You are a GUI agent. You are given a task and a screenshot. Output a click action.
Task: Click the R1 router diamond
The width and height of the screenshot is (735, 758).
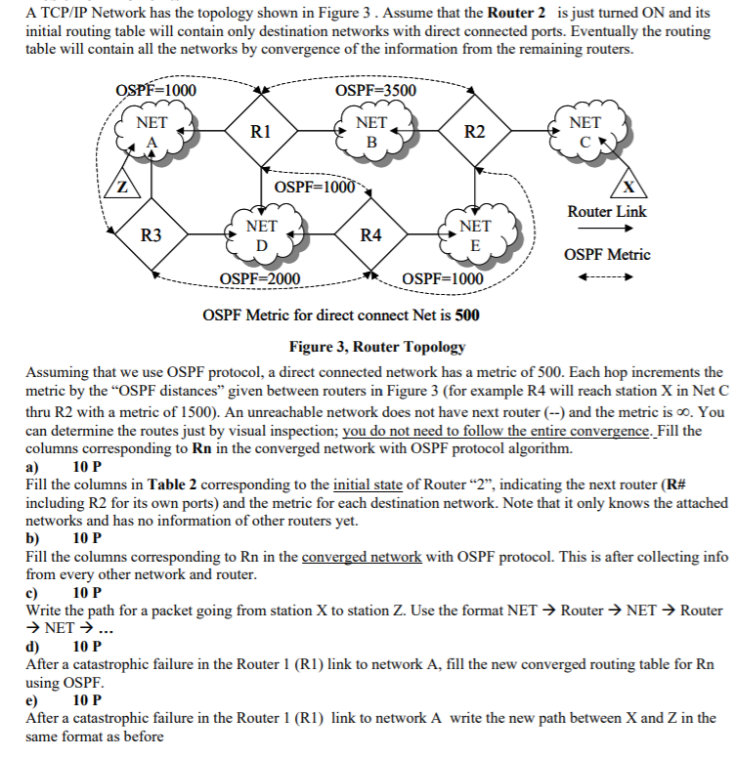[260, 131]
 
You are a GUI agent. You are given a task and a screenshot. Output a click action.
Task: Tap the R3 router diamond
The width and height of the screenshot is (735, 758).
[151, 234]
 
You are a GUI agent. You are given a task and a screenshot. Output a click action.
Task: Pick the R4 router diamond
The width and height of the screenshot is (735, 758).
[370, 234]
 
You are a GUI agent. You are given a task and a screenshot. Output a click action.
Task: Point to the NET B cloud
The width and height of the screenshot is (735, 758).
[370, 133]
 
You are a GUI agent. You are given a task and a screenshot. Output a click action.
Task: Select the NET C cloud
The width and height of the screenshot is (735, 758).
[584, 133]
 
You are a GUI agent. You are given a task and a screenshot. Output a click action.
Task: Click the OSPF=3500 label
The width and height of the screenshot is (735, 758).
[375, 91]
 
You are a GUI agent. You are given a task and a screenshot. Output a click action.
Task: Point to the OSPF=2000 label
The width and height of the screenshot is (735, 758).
[260, 279]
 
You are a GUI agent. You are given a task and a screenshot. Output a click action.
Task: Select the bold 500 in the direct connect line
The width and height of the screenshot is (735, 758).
[467, 316]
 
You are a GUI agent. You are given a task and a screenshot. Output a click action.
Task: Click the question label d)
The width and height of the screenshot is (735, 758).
[32, 647]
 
